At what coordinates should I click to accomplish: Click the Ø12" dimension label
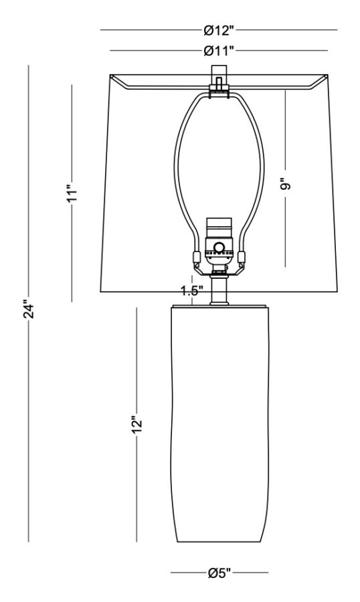(x=219, y=30)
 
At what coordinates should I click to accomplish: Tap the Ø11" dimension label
(x=219, y=50)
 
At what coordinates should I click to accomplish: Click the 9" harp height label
(x=286, y=184)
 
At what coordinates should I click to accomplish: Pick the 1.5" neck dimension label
(x=192, y=291)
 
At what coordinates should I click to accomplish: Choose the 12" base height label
(x=137, y=425)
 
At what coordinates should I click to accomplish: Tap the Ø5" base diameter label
(x=219, y=573)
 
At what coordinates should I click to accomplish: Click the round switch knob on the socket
(x=219, y=247)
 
